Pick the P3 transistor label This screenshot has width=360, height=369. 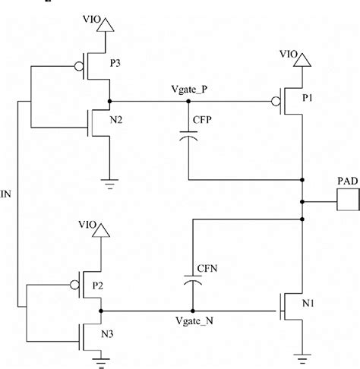pyautogui.click(x=115, y=64)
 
